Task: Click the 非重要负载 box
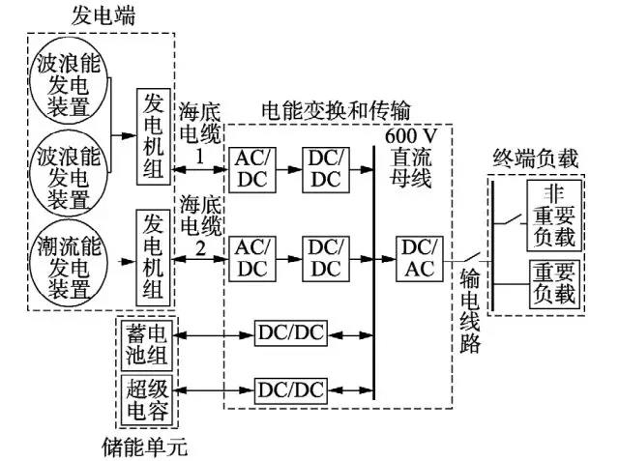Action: click(x=553, y=215)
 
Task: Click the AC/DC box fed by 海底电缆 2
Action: click(x=252, y=257)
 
